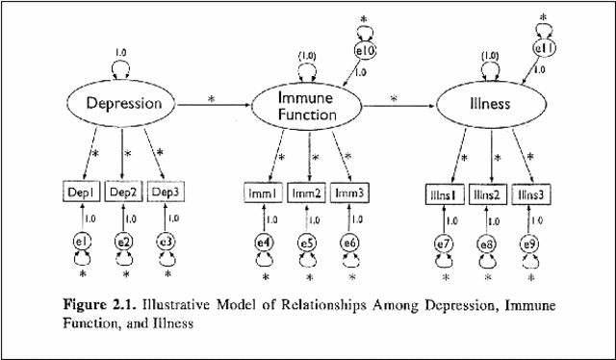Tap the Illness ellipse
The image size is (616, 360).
489,103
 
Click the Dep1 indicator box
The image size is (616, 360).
83,193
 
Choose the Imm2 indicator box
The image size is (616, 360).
308,194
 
